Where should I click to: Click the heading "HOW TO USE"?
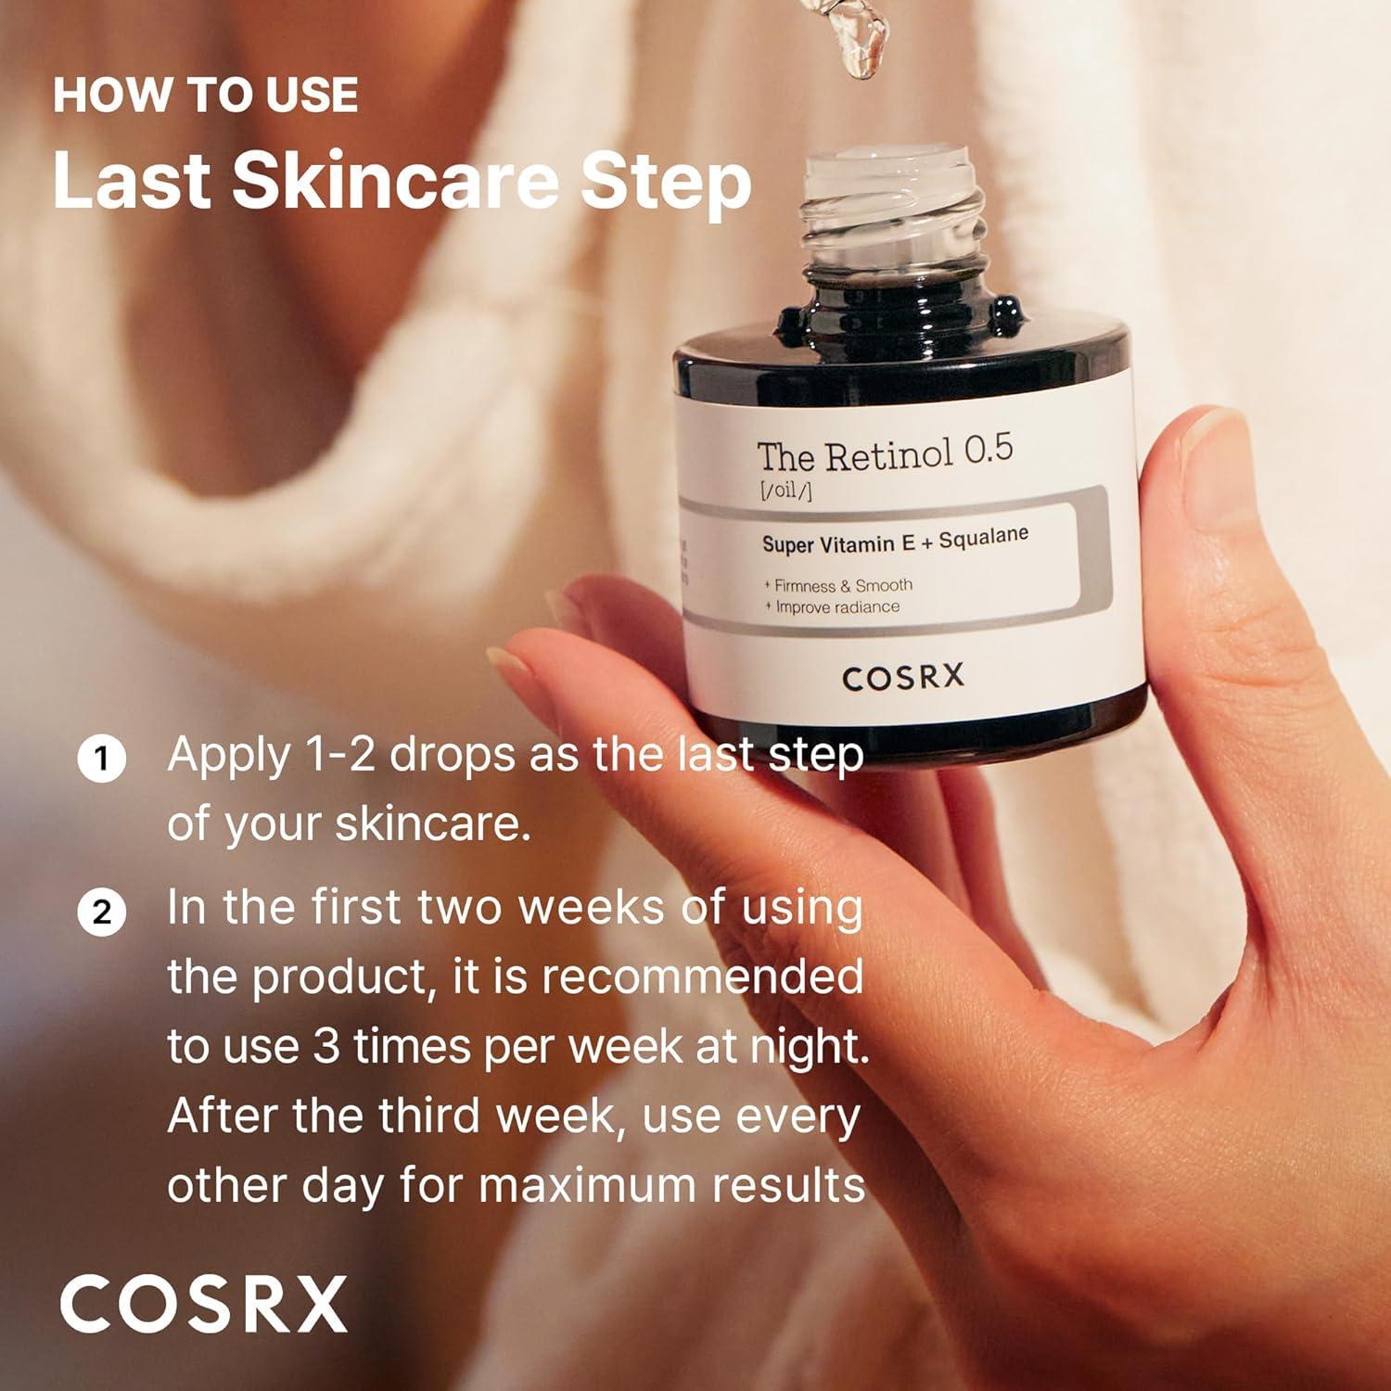(x=205, y=96)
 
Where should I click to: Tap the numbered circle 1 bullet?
(x=101, y=760)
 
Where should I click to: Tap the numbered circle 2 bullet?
(x=101, y=912)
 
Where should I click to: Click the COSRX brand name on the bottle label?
(x=902, y=678)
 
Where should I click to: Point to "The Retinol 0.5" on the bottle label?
(x=884, y=453)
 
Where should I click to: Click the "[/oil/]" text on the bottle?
(x=785, y=491)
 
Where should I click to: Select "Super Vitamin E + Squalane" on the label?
(x=894, y=541)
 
